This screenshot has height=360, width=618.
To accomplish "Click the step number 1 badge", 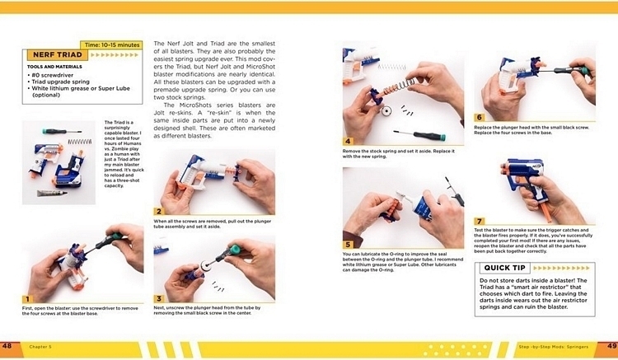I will [27, 298].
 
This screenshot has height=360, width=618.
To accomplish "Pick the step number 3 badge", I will [159, 298].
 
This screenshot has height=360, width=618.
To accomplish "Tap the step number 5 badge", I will [348, 244].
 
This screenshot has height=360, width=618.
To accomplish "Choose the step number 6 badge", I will [480, 118].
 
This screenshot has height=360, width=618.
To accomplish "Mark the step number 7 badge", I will [480, 221].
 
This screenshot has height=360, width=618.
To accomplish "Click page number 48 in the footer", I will [7, 344].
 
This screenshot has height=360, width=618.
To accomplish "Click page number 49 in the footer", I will [611, 344].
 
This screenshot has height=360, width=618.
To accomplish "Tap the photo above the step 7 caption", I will [534, 185].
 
